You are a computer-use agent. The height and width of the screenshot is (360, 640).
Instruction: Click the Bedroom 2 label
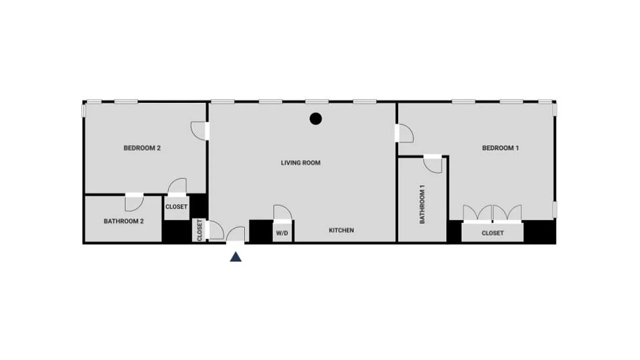click(142, 148)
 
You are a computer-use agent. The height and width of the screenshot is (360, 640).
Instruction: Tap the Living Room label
click(301, 163)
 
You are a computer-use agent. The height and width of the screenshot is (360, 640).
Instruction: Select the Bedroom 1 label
click(500, 148)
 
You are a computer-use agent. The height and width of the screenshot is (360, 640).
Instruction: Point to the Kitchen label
click(341, 230)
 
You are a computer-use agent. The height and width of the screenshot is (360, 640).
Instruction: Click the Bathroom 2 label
click(124, 221)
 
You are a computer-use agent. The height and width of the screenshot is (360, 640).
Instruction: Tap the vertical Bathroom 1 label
click(422, 204)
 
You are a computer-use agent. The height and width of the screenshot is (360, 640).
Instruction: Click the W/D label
click(282, 233)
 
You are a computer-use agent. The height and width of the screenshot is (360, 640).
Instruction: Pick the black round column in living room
click(316, 119)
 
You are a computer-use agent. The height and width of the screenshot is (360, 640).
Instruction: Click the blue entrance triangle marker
click(236, 256)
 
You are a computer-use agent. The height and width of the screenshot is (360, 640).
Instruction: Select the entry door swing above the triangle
click(236, 234)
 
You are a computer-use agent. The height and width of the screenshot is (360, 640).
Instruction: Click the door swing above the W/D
click(283, 212)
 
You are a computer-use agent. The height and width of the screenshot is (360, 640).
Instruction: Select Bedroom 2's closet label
click(176, 207)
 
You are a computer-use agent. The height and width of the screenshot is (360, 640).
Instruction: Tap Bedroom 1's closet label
click(493, 233)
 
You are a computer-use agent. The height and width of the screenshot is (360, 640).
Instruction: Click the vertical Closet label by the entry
click(200, 230)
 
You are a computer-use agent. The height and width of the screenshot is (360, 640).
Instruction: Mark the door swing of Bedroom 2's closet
click(177, 186)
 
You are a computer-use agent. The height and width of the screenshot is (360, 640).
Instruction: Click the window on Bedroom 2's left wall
click(84, 110)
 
